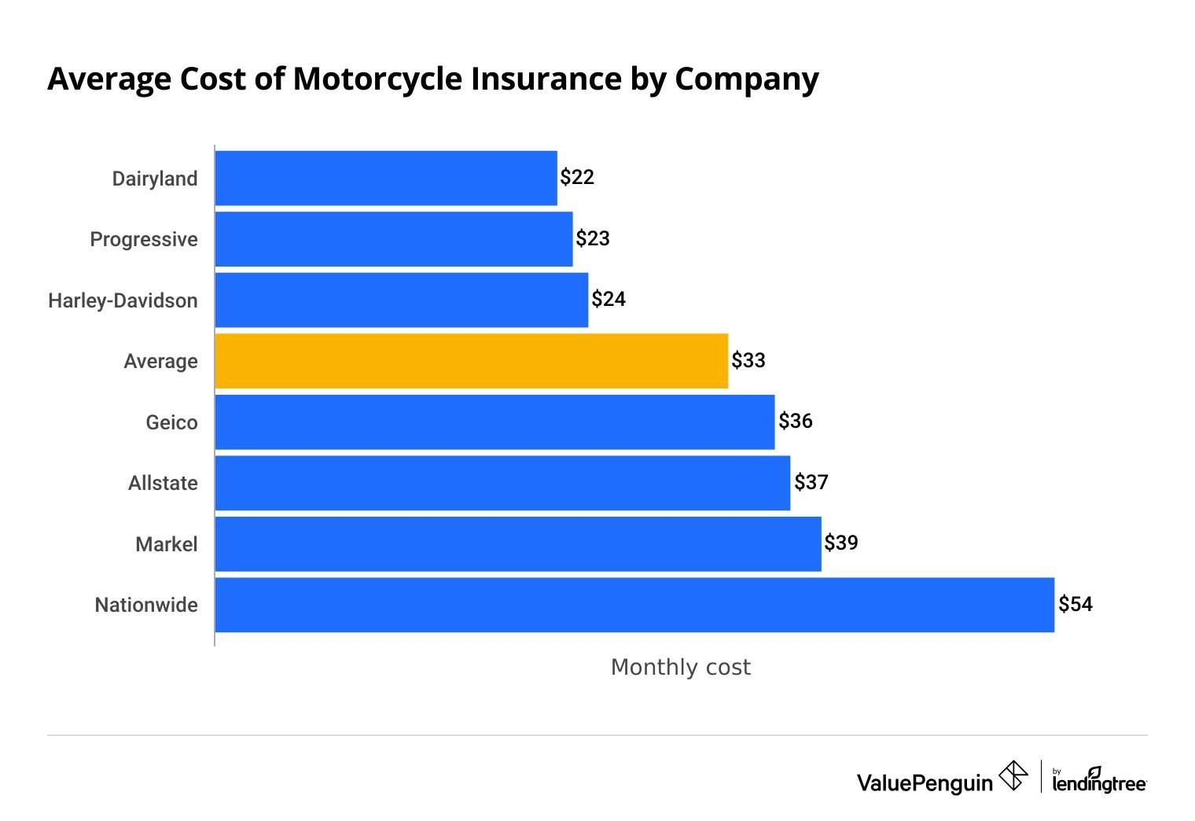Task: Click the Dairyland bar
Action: [385, 179]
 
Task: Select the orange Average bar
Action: [471, 361]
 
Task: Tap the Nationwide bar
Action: [634, 605]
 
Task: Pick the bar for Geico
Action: [495, 422]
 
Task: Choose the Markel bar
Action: [517, 544]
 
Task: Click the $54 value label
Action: [1075, 604]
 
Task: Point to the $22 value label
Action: [577, 177]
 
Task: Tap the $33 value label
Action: [748, 360]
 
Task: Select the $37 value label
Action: [811, 482]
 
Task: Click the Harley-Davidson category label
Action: [123, 300]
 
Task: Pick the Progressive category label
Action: [144, 239]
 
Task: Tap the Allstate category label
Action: [163, 483]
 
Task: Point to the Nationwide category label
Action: [146, 605]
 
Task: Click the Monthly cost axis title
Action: [680, 667]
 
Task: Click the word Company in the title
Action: [746, 79]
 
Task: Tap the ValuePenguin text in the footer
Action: [925, 782]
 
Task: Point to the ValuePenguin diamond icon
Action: [1013, 776]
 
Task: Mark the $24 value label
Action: [609, 299]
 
